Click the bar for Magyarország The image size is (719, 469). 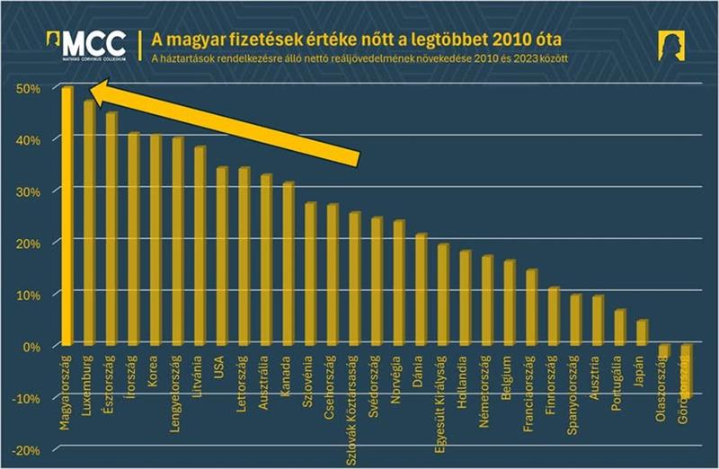67,216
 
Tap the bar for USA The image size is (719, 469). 221,257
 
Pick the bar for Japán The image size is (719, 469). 641,332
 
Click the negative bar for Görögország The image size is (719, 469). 686,367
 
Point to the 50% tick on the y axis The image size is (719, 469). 31,88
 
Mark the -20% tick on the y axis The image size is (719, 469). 28,449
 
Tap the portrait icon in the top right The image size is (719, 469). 670,45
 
